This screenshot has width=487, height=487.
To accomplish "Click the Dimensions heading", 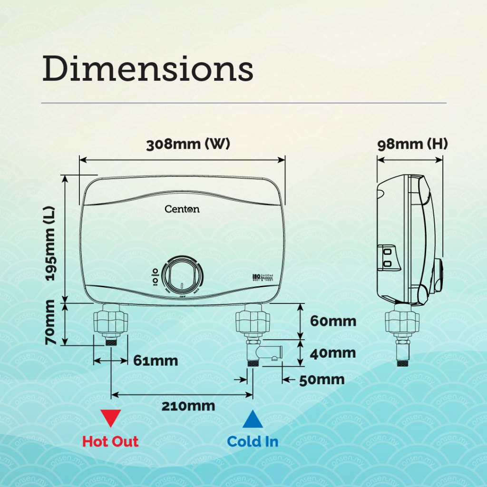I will pyautogui.click(x=147, y=69).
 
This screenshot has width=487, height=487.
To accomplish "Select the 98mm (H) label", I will pyautogui.click(x=412, y=145).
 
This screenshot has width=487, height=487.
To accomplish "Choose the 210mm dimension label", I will pyautogui.click(x=188, y=406).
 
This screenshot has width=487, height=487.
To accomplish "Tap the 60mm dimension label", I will pyautogui.click(x=333, y=321).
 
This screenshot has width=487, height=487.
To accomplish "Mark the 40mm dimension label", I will pyautogui.click(x=333, y=353).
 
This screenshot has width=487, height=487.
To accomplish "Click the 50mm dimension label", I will pyautogui.click(x=321, y=380).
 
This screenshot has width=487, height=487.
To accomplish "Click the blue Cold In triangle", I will pyautogui.click(x=253, y=419).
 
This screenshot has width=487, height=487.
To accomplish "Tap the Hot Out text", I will pyautogui.click(x=110, y=441).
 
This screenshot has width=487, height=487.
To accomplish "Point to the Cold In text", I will pyautogui.click(x=253, y=441).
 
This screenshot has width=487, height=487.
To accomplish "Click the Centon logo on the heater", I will pyautogui.click(x=182, y=209).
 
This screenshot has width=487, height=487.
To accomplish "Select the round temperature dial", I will pyautogui.click(x=181, y=275).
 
